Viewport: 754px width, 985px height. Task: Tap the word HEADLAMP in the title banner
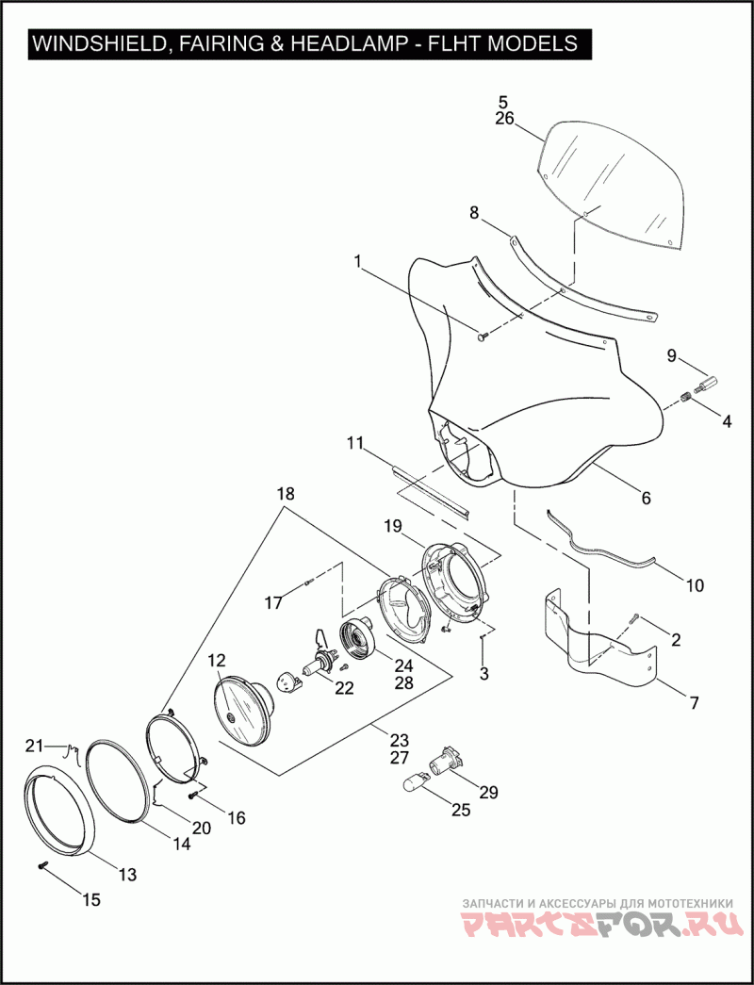tap(352, 43)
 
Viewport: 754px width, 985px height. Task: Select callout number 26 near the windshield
tap(504, 119)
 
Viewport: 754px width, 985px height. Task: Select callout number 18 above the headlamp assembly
tap(286, 494)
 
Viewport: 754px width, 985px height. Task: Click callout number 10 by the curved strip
tap(694, 585)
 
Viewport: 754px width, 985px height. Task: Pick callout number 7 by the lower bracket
tap(694, 702)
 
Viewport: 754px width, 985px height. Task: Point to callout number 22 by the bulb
tap(344, 688)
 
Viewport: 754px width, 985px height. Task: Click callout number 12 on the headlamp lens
tap(217, 661)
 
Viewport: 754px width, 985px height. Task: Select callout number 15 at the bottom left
tap(90, 899)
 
